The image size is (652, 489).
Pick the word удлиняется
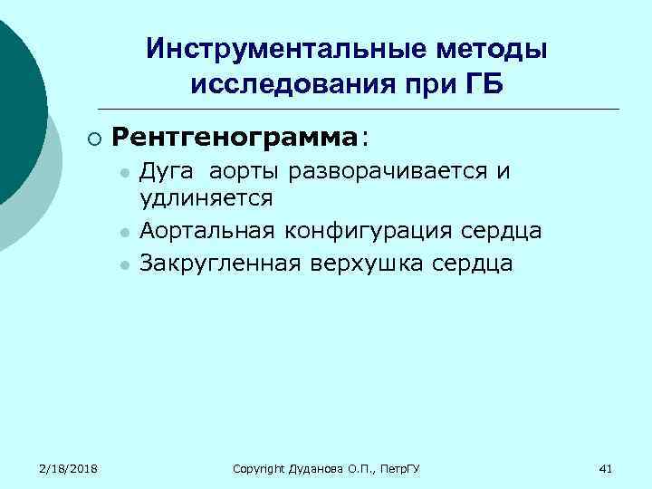(207, 197)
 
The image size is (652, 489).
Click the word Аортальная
(208, 231)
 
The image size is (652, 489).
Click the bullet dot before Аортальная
(124, 233)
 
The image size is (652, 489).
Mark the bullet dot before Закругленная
(124, 265)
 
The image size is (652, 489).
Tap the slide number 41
(607, 468)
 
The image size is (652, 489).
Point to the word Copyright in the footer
(257, 468)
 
